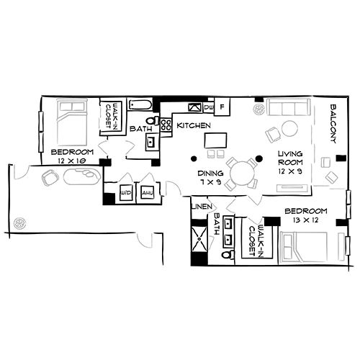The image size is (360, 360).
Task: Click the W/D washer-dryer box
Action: point(125,194)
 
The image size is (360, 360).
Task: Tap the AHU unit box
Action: point(147,194)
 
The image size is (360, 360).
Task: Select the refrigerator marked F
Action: point(222,107)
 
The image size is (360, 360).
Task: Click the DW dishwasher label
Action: point(209,108)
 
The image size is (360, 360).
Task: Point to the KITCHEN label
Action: point(194,126)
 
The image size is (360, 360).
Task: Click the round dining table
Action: point(243,172)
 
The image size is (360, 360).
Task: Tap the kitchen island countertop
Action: point(215,138)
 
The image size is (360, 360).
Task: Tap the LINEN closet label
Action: point(200,207)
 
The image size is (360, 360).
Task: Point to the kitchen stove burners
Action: point(192,107)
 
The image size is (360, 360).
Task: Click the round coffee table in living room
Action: point(289,129)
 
